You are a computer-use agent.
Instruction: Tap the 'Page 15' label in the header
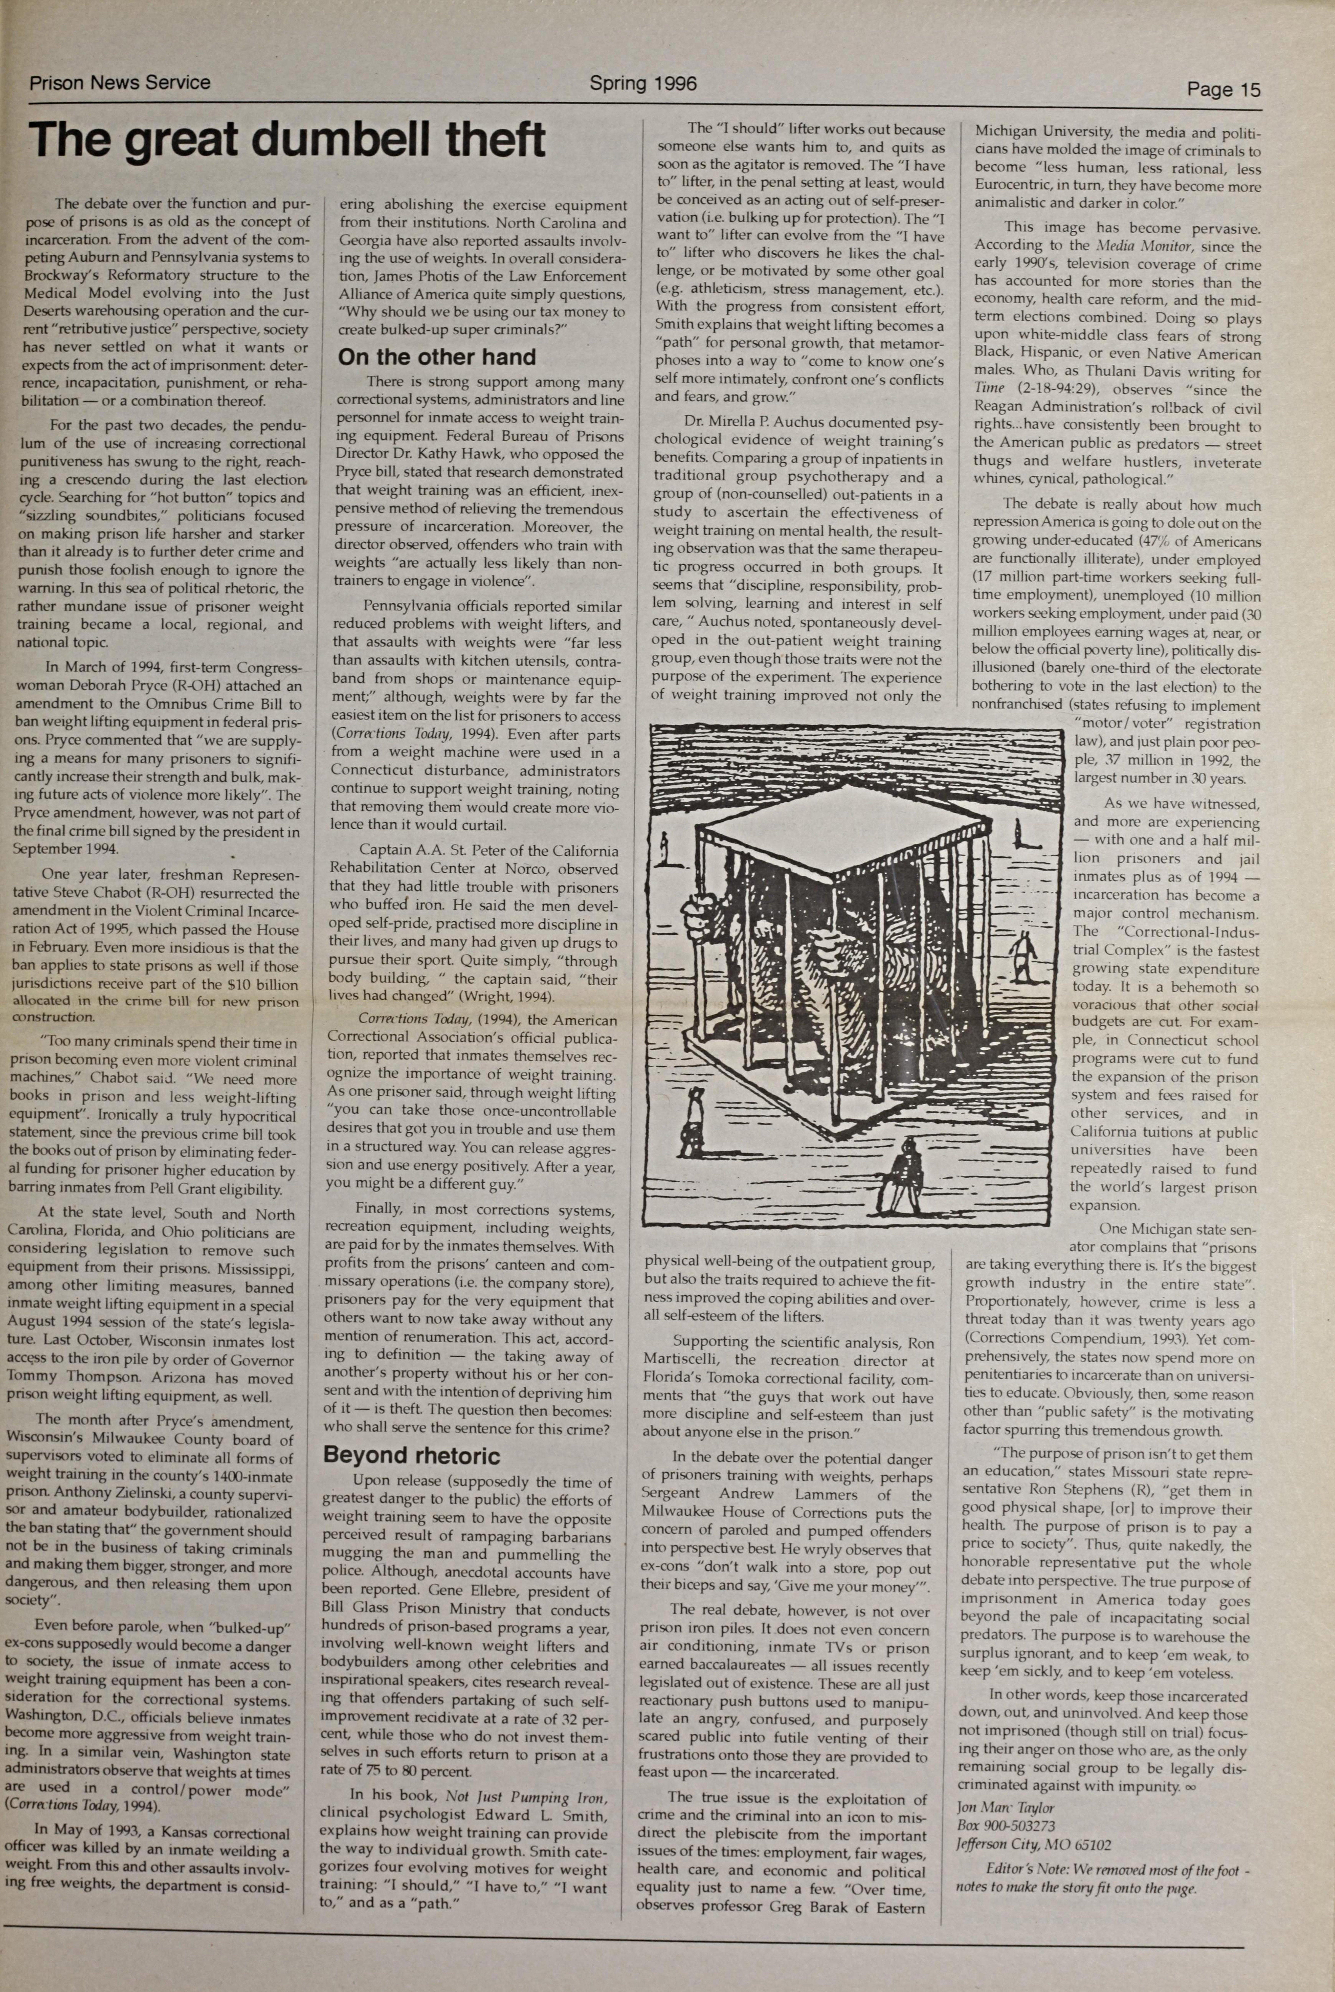click(x=1224, y=89)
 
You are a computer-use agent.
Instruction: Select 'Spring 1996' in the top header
click(x=643, y=83)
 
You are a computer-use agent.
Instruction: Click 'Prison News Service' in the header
click(x=120, y=83)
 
